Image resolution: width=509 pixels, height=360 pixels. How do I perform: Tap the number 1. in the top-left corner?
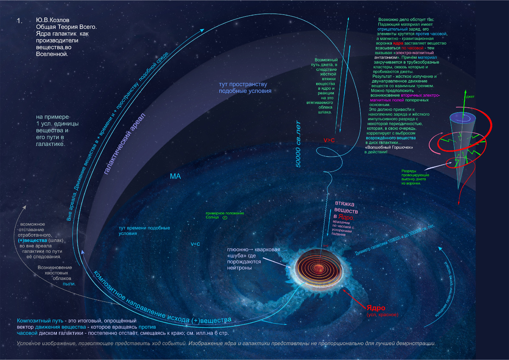[19, 21]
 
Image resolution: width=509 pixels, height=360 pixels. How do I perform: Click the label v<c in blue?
[196, 244]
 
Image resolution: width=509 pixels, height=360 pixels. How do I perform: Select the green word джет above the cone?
[470, 97]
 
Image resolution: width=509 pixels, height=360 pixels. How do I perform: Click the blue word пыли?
[69, 284]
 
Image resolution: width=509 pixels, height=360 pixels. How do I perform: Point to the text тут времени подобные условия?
[144, 231]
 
